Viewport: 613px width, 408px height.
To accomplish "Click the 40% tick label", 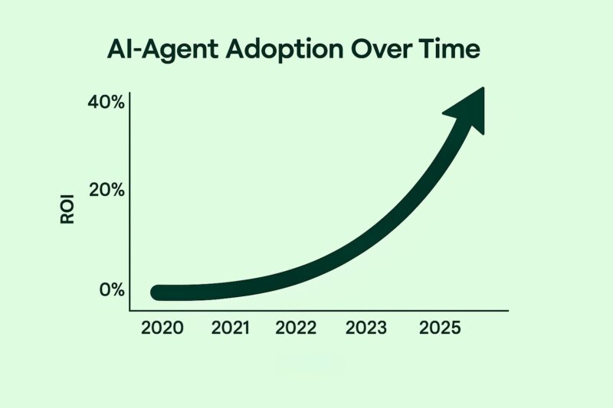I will tap(106, 103).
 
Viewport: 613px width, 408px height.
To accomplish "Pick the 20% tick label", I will tap(106, 191).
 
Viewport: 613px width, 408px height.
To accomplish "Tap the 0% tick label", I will tap(111, 290).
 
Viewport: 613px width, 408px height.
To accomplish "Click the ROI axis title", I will tap(67, 207).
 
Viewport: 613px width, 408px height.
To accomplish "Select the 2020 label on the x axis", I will tap(162, 328).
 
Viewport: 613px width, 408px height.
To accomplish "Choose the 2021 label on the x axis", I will tap(231, 328).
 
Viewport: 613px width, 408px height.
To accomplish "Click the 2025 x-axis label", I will tap(441, 328).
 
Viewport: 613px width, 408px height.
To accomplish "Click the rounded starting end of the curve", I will tap(159, 292).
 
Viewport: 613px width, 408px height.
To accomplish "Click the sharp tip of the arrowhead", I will tap(484, 88).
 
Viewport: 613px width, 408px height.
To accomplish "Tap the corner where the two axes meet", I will tap(130, 310).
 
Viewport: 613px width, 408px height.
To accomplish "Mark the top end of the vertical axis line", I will tap(130, 93).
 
